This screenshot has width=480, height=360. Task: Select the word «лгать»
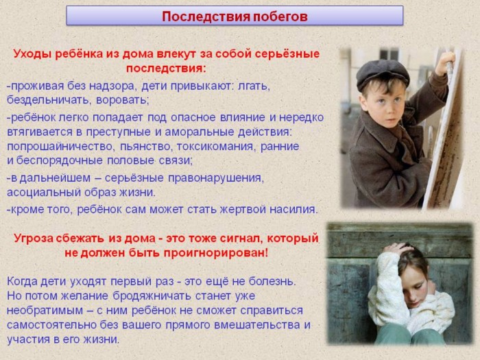pyautogui.click(x=253, y=86)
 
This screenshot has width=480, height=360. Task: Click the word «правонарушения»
pyautogui.click(x=216, y=178)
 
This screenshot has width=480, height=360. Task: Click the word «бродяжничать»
pyautogui.click(x=152, y=296)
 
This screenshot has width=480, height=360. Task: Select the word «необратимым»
pyautogui.click(x=45, y=311)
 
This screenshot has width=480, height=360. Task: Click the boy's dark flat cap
pyautogui.click(x=383, y=74)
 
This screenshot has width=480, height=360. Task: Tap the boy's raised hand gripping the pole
pyautogui.click(x=446, y=64)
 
